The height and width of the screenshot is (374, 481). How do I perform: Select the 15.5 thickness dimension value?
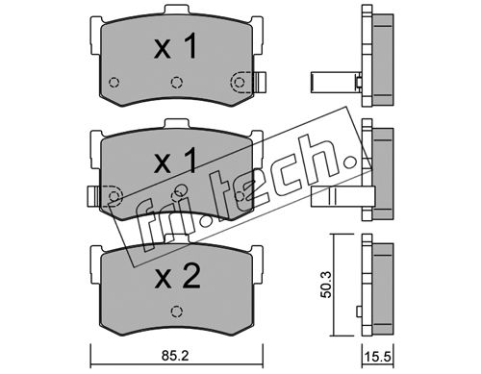378,357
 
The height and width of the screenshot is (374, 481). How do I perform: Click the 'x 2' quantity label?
177,277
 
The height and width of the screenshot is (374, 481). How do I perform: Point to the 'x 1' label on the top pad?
175,47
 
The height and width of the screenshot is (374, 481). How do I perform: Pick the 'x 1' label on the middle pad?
175,162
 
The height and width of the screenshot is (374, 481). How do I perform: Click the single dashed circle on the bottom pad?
176,312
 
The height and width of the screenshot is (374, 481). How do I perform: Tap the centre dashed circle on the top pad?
176,83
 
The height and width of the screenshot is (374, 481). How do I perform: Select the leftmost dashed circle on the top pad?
114,83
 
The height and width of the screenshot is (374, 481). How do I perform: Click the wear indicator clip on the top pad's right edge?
260,82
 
